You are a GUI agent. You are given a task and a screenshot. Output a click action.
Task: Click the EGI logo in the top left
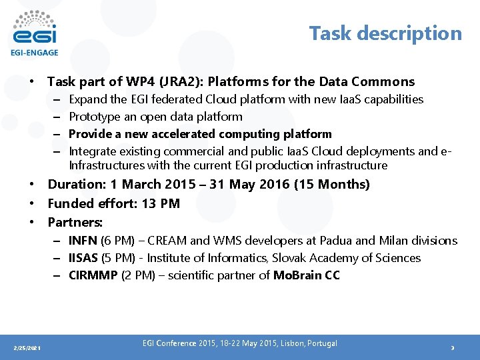click(34, 32)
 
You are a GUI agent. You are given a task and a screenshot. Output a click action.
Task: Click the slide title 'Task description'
click(385, 33)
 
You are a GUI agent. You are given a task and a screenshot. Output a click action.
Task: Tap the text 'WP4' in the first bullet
click(156, 82)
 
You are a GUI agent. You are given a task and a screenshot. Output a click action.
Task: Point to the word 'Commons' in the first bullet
click(383, 82)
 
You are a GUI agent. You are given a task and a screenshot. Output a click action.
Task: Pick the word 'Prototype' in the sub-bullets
click(93, 117)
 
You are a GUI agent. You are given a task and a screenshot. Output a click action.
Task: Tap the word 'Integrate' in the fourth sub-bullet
click(93, 151)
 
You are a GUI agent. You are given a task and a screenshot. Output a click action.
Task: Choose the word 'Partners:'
click(75, 222)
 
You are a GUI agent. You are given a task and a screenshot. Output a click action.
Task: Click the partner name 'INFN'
click(83, 241)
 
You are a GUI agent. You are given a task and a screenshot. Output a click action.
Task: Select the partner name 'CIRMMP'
click(93, 275)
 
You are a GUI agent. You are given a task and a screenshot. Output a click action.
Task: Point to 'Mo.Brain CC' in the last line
click(307, 275)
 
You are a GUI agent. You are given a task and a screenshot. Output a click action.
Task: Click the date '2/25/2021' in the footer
click(27, 348)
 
